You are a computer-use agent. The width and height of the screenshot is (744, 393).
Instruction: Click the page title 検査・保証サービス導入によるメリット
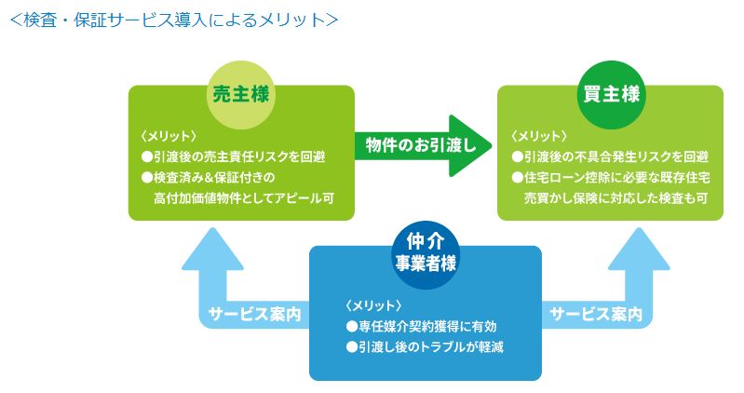coord(173,20)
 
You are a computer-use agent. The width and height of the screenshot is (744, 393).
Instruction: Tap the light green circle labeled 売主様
coord(241,93)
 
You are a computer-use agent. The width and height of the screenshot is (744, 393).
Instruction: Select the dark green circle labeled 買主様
coord(610,93)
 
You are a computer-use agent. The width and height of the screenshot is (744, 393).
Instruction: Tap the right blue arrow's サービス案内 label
coord(596,314)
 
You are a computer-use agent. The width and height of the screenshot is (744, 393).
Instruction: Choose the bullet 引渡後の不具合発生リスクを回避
coord(610,156)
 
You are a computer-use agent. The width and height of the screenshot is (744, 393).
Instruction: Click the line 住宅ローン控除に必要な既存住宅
coord(610,177)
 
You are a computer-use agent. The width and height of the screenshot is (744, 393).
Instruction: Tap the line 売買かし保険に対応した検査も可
coord(616,197)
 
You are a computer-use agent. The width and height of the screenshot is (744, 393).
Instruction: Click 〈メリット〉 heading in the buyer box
coord(539,136)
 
